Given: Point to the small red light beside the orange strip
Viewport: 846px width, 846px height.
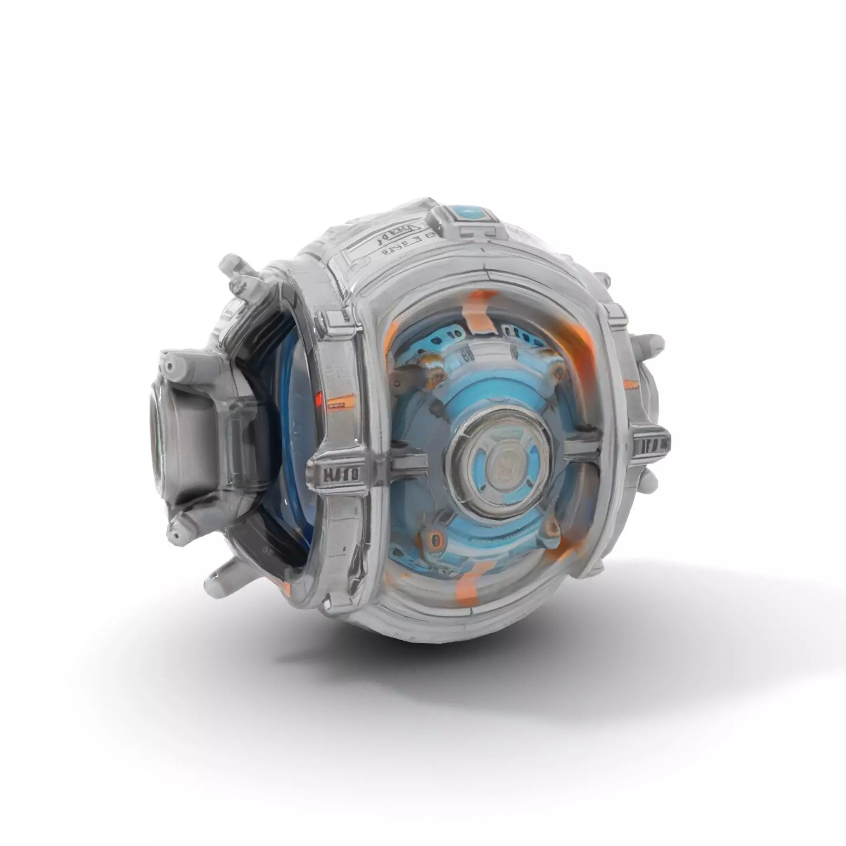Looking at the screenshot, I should pyautogui.click(x=319, y=398).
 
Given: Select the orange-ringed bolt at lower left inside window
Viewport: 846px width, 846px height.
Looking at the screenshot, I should pyautogui.click(x=435, y=538).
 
